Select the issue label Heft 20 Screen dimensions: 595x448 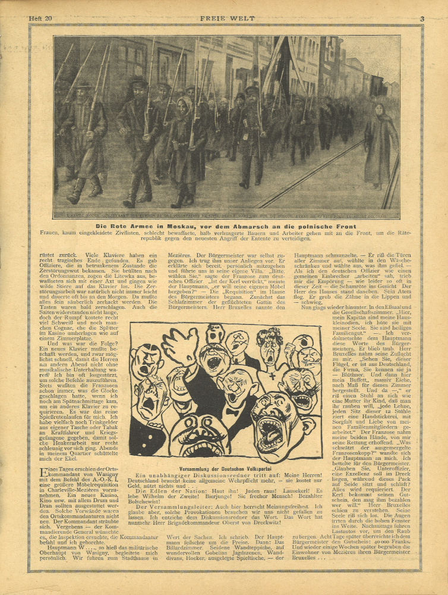(x=40, y=19)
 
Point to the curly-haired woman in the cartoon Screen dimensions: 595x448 (x=270, y=345)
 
